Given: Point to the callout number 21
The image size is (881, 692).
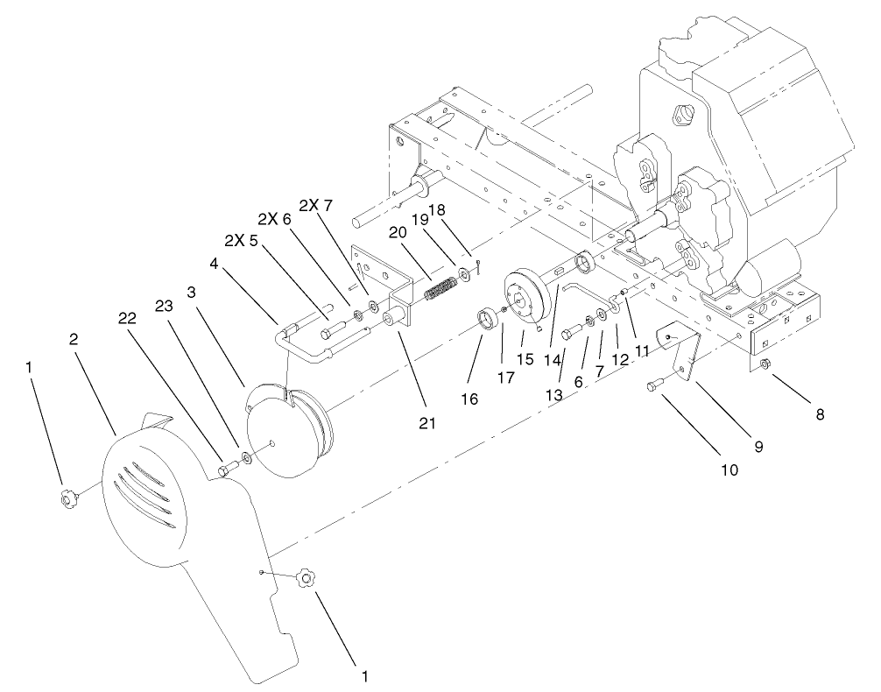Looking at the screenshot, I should pos(428,423).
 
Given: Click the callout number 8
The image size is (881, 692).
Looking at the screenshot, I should pos(820,413).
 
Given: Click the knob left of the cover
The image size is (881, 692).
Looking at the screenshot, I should pos(67,499).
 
